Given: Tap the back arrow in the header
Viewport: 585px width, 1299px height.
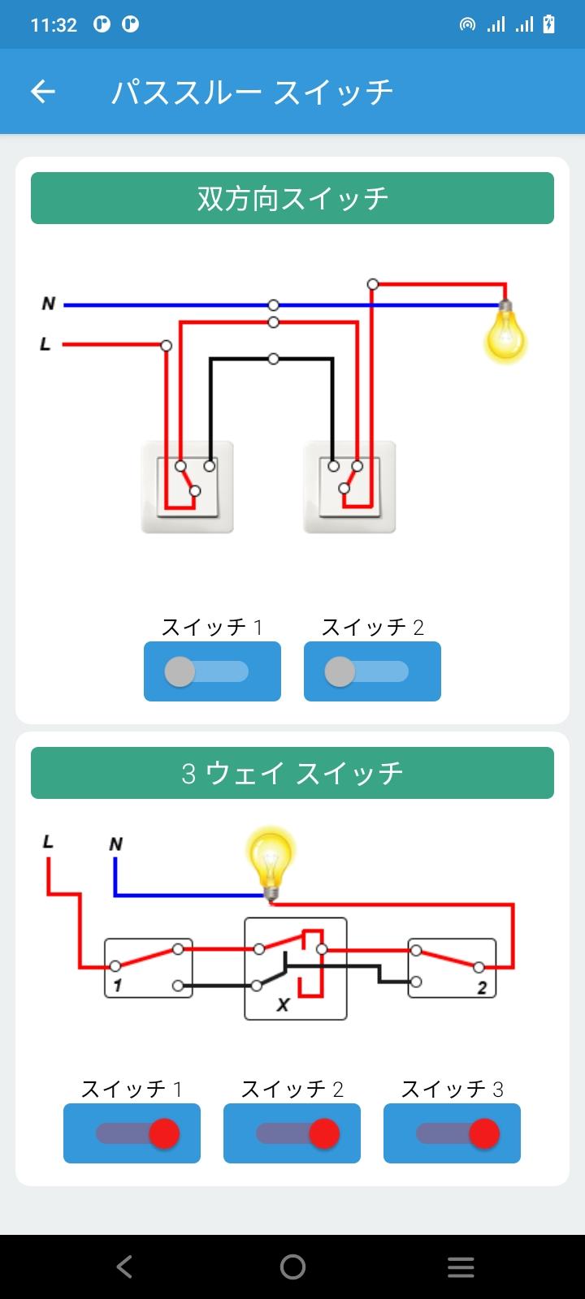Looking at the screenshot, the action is click(43, 92).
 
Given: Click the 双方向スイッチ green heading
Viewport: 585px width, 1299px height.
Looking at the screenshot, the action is click(292, 198).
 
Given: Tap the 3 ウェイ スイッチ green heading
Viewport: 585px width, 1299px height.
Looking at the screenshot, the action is click(292, 772).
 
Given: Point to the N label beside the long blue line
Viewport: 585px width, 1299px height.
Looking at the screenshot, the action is click(49, 304).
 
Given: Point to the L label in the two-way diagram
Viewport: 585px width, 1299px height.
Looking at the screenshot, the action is click(45, 344).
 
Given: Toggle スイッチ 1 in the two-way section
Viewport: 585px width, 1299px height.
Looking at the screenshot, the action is click(212, 671).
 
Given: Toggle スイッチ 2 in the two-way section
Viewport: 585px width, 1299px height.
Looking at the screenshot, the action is click(373, 671).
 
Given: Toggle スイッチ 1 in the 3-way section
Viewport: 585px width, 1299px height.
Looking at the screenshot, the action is click(132, 1133).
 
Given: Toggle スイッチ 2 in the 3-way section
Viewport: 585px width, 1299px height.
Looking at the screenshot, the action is click(292, 1133).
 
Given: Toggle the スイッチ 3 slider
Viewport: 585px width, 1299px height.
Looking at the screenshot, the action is click(452, 1133).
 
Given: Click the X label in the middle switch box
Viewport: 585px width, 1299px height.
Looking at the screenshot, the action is click(283, 1004).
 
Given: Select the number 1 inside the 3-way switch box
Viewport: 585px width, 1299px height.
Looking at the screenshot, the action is click(118, 986).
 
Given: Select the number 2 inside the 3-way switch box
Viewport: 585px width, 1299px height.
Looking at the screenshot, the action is click(482, 988).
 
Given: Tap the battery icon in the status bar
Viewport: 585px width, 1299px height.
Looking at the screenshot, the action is click(548, 24).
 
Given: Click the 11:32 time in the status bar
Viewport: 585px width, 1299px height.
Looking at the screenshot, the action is click(54, 25).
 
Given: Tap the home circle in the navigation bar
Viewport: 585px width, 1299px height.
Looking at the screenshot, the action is click(292, 1267).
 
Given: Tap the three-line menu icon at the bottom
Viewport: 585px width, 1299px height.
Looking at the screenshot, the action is click(461, 1267).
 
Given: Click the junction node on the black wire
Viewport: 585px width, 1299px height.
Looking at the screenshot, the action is click(273, 359).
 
